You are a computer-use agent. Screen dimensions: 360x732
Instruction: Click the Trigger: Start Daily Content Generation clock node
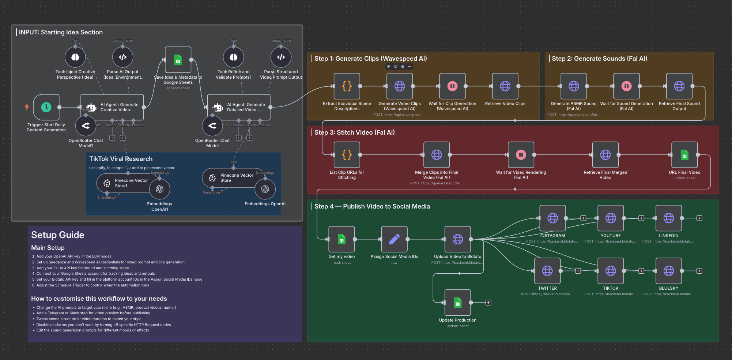coord(46,107)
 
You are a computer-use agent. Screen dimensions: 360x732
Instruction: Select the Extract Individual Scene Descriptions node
coord(347,86)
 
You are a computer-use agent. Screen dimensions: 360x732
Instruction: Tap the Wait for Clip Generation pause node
coord(452,86)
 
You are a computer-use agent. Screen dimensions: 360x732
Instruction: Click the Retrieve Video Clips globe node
coord(505,86)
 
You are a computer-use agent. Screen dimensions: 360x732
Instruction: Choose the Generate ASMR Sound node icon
coord(574,86)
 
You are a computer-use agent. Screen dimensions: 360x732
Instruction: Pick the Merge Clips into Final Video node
coord(437,155)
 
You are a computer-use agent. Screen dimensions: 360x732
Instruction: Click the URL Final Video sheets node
coord(684,155)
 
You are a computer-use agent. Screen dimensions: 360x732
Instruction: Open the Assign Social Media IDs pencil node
coord(394,239)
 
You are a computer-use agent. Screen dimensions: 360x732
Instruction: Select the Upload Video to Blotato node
coord(457,239)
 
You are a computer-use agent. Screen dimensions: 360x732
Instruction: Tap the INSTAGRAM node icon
coord(552,218)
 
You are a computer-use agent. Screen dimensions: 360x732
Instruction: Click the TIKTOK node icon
coord(611,271)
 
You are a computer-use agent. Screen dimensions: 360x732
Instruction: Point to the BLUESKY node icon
coord(668,271)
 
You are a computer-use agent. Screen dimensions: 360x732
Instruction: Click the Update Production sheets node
coord(457,303)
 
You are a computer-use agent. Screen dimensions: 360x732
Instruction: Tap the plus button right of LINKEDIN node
coord(699,218)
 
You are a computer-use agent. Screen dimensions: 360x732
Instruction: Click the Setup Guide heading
coord(58,235)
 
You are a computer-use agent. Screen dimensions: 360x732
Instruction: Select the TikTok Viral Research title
coord(121,159)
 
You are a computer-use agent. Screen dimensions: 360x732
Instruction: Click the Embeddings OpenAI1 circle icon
coord(160,189)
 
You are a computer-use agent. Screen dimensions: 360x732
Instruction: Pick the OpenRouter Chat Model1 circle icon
coord(86,125)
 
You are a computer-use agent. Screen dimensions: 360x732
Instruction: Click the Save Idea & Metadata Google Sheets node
coord(178,60)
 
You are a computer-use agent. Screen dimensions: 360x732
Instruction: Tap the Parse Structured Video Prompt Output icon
coord(281,57)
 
